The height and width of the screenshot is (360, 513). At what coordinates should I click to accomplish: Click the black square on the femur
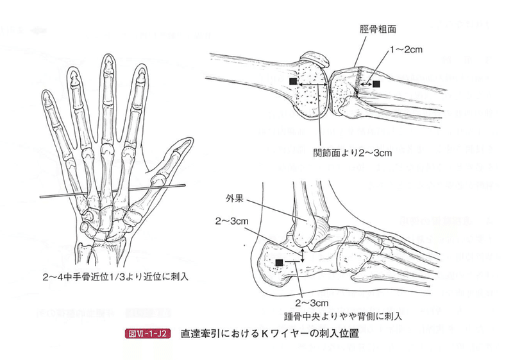point(293,82)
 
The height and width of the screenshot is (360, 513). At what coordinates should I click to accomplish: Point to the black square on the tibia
point(376,83)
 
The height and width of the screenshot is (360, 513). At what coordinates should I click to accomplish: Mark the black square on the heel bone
point(279,261)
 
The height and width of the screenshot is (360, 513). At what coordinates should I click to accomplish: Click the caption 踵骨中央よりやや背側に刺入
point(342,316)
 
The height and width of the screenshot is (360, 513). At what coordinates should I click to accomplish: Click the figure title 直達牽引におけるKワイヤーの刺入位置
point(268,334)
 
